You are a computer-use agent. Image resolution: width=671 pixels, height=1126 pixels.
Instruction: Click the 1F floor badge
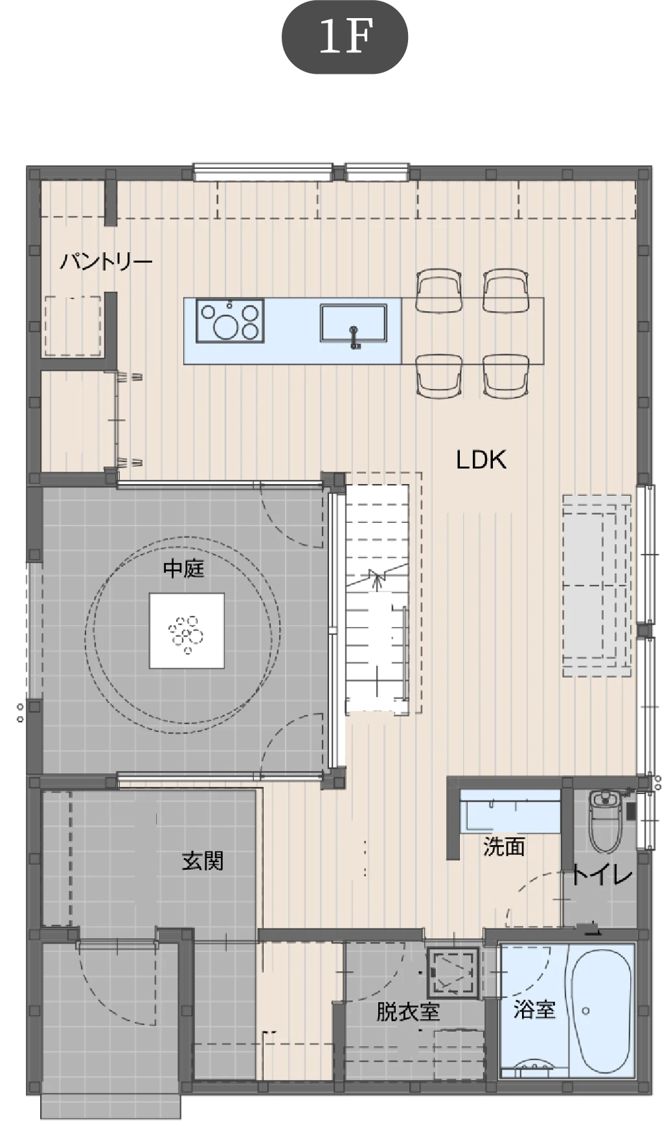(345, 38)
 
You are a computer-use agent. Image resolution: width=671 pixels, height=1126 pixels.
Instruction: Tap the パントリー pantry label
(106, 262)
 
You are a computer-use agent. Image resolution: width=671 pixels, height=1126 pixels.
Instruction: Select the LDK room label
(481, 459)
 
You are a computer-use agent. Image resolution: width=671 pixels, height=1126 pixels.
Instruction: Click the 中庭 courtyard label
(184, 569)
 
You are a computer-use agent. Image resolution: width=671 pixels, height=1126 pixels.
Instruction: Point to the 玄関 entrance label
(202, 861)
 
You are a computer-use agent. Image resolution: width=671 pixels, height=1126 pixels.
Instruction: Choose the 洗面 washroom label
(504, 846)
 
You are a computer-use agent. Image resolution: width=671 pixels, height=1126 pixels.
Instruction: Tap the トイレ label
(602, 875)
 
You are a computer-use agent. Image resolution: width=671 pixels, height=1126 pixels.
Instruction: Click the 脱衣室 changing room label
(408, 1011)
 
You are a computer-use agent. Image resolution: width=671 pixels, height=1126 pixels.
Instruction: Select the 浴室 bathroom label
(534, 1009)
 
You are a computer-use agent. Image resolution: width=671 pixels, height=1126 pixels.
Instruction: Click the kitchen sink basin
(353, 322)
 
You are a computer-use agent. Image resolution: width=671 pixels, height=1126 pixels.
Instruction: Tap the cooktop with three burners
(230, 320)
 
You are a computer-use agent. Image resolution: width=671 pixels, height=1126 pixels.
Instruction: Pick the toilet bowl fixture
(606, 821)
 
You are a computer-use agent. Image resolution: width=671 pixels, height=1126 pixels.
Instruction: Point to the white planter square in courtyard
(187, 631)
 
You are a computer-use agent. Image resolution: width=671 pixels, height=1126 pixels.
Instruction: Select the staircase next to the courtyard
(377, 599)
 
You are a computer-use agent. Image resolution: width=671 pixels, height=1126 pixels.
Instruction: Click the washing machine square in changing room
(453, 973)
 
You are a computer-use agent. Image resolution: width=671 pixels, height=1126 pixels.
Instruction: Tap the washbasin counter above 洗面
(510, 811)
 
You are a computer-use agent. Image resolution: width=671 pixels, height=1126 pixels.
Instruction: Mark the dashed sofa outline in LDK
(597, 586)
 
